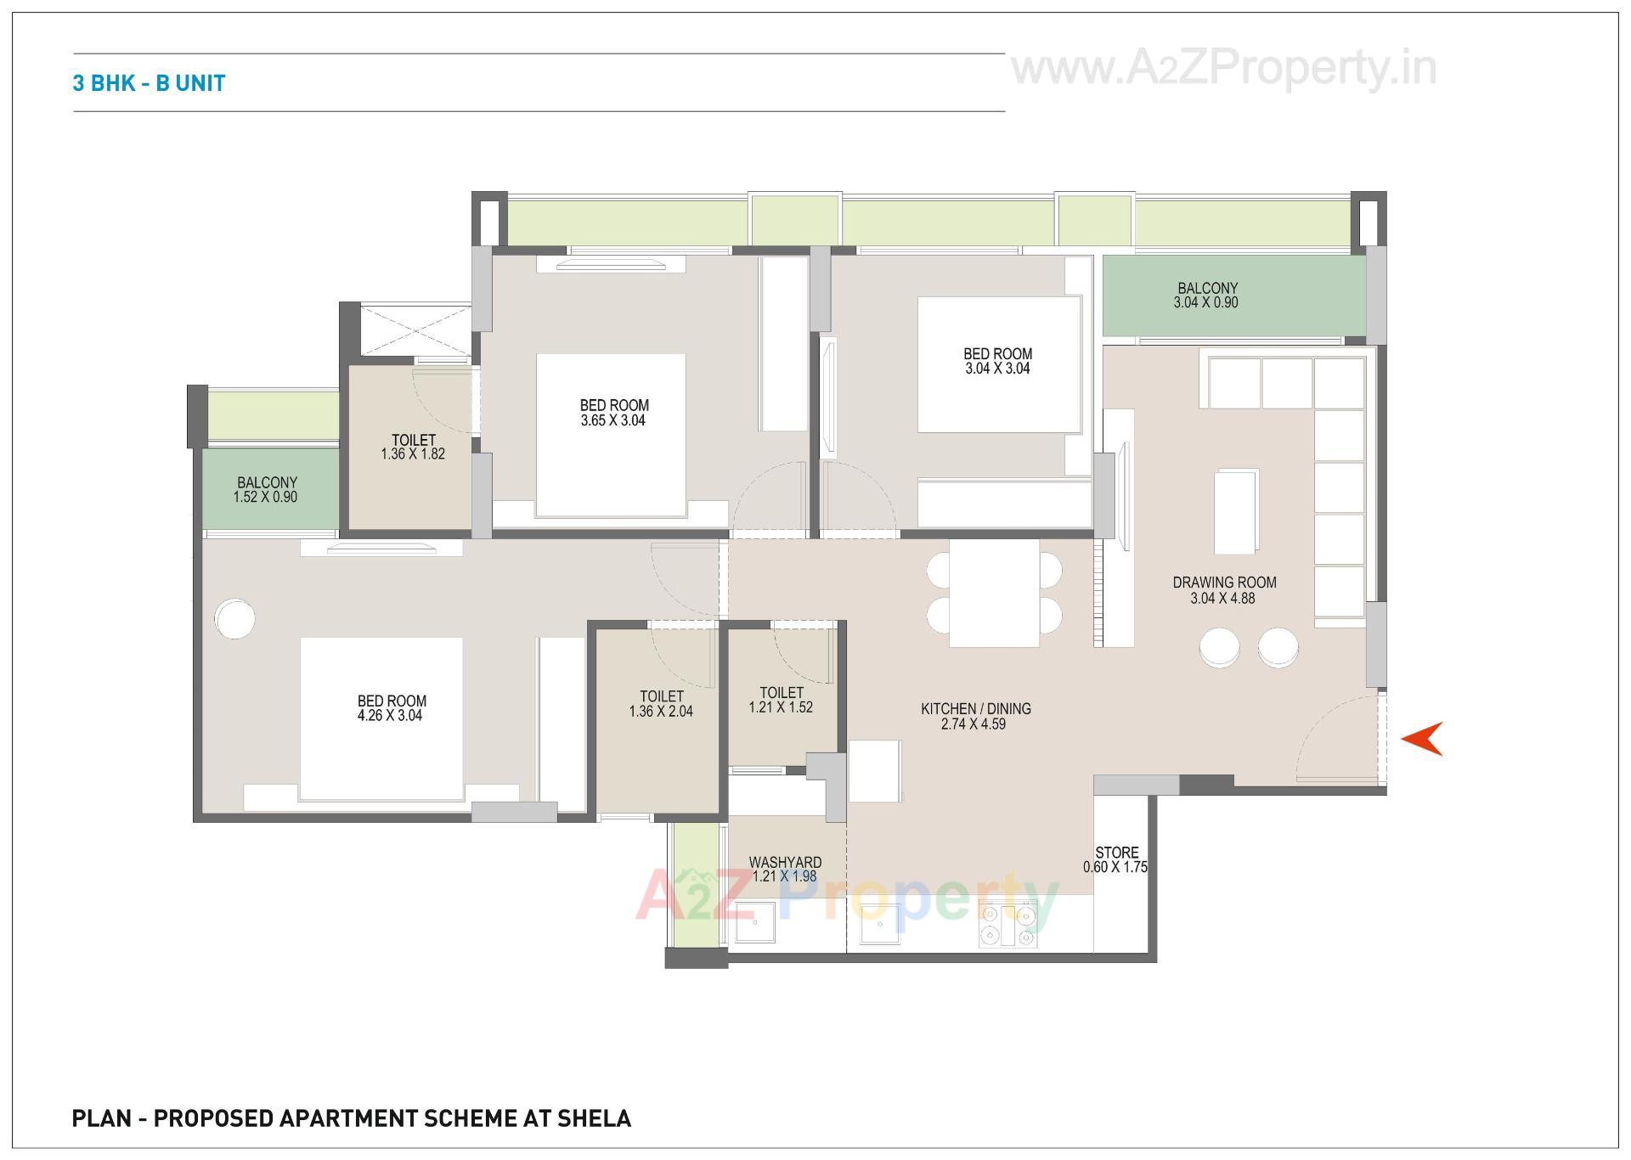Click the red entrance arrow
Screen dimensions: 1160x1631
(x=1423, y=739)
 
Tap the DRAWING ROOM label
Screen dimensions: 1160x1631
(x=1224, y=583)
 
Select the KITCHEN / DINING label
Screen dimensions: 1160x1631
(x=975, y=709)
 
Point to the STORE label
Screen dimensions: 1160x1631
(x=1116, y=853)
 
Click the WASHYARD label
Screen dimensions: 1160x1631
(x=785, y=863)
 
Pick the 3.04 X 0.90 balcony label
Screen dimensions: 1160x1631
(x=1206, y=302)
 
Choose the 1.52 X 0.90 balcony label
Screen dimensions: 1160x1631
(x=266, y=498)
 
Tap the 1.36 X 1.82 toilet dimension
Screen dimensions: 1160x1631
(x=413, y=454)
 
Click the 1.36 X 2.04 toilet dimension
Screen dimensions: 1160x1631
(x=661, y=712)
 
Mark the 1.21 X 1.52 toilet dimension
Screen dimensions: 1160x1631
(x=781, y=707)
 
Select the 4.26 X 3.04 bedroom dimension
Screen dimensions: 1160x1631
(x=391, y=716)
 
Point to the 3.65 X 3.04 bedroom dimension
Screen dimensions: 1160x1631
(x=613, y=420)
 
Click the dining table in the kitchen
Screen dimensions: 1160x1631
(x=994, y=593)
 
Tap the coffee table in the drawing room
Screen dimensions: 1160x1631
(x=1235, y=511)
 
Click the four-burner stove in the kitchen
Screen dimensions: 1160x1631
(x=1007, y=926)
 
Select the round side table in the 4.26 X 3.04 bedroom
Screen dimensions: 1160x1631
(x=234, y=618)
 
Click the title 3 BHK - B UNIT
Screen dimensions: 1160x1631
(x=149, y=83)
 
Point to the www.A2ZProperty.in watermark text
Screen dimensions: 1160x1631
(x=1223, y=68)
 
